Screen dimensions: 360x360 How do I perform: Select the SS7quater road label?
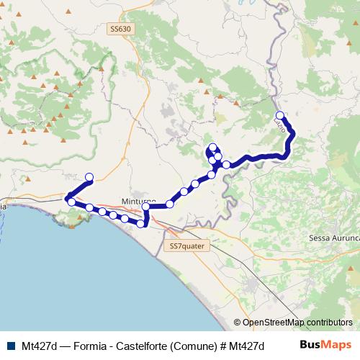point(184,246)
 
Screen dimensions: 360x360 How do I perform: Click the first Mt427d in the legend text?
point(40,345)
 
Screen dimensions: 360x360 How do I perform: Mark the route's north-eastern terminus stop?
point(280,115)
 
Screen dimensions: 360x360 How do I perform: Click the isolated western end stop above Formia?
point(90,176)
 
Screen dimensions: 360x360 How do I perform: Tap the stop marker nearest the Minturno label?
point(145,207)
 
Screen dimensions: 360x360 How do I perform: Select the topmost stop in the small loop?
point(212,148)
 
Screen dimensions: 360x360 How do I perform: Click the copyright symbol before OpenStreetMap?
point(238,323)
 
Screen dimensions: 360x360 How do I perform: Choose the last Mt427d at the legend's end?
point(248,345)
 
